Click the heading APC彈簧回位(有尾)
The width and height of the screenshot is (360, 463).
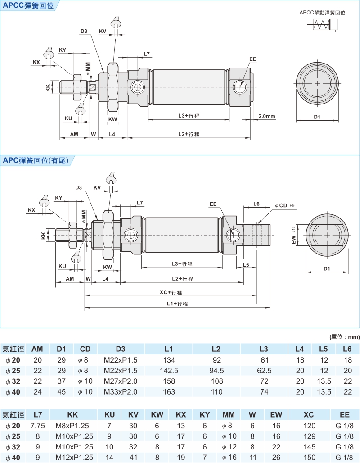(x=36, y=160)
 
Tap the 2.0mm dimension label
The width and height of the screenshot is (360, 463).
(x=267, y=116)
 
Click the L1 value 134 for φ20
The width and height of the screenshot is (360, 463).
(x=169, y=360)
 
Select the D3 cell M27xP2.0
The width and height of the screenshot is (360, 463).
(x=120, y=381)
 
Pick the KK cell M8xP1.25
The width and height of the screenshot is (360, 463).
(x=74, y=426)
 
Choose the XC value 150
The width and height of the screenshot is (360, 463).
(x=309, y=457)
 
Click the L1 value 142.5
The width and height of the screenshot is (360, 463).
(x=169, y=371)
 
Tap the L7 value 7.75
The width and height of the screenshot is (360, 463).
(x=37, y=426)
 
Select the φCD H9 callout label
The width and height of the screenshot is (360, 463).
(x=284, y=205)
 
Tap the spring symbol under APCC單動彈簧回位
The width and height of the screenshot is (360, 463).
(x=322, y=25)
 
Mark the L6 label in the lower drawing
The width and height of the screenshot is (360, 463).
(x=256, y=204)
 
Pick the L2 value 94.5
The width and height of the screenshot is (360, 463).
(x=216, y=371)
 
